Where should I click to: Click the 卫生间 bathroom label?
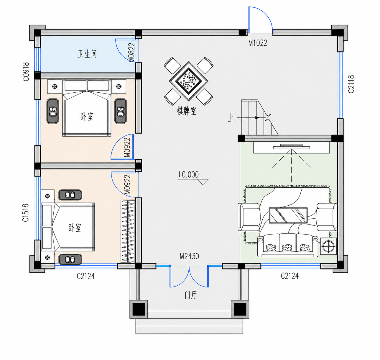[x=87, y=54]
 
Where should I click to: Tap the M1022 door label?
[x=258, y=43]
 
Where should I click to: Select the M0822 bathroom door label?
[x=131, y=52]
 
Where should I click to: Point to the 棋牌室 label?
[x=186, y=111]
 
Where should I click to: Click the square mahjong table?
[x=188, y=81]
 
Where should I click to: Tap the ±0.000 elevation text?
[x=188, y=175]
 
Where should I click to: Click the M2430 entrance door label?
[x=189, y=256]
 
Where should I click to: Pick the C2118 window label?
[x=351, y=84]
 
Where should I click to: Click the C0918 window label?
[x=26, y=71]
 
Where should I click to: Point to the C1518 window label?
[x=26, y=212]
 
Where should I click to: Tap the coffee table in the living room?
[x=288, y=215]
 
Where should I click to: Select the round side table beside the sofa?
[x=328, y=246]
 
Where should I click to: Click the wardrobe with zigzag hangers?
[x=128, y=231]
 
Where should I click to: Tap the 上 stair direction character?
[x=231, y=118]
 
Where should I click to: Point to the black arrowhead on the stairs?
[x=257, y=117]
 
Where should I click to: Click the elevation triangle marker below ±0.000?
[x=203, y=181]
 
